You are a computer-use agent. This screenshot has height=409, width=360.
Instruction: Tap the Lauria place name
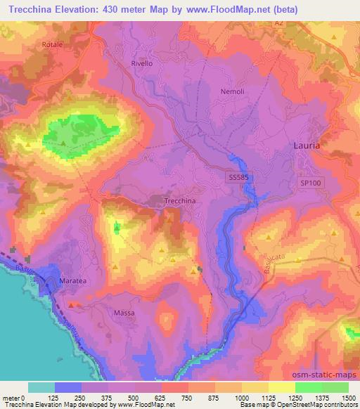click(306, 145)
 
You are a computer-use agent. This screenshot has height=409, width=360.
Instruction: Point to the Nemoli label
click(231, 92)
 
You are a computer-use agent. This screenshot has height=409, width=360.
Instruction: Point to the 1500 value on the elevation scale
click(348, 398)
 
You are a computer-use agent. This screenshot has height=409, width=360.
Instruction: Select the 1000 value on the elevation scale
click(241, 398)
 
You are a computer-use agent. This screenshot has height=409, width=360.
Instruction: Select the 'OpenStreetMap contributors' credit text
click(317, 405)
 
